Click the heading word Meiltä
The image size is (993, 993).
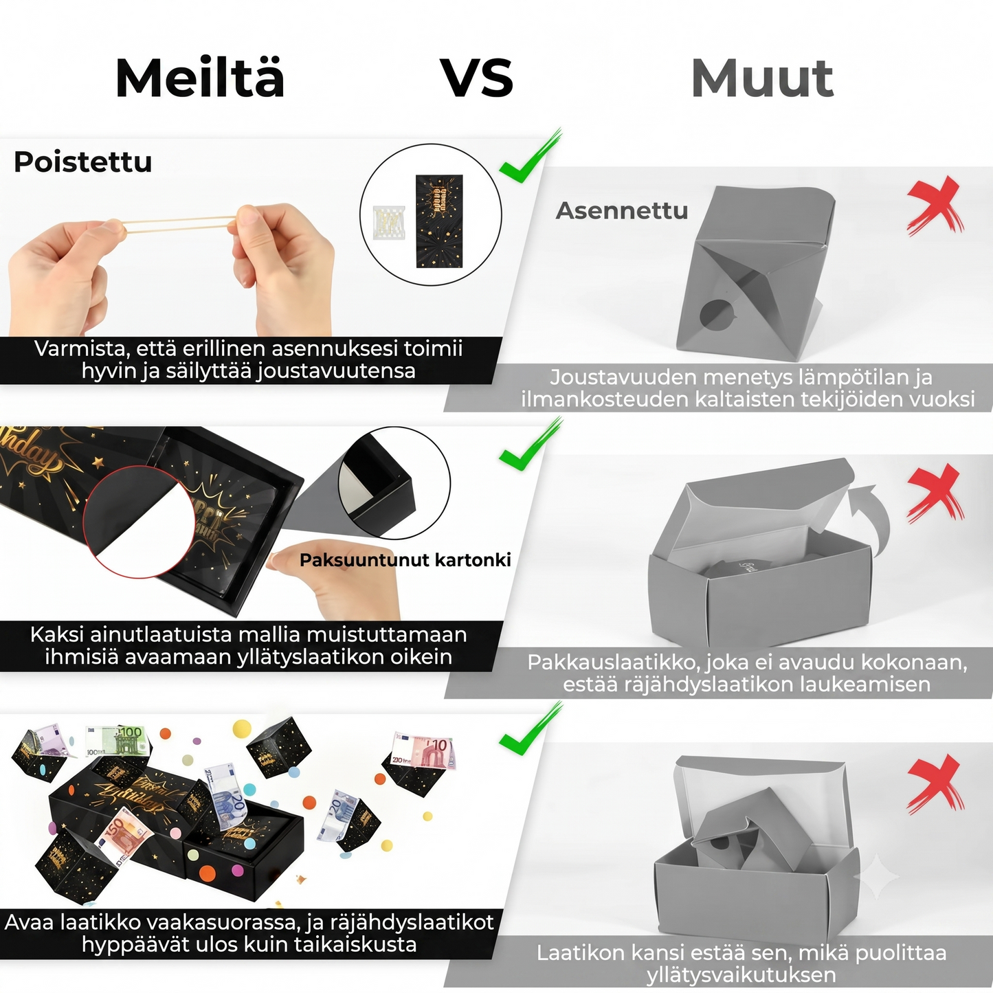coord(200,78)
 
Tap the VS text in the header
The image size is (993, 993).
coord(478,78)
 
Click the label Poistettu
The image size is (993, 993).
coord(83,161)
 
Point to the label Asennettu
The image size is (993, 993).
coord(622,211)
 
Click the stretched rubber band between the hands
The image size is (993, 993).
coord(178,225)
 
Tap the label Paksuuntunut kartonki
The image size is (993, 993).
coord(405,559)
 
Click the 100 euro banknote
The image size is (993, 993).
coord(118,741)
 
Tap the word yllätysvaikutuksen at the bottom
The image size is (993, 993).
coord(741,974)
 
